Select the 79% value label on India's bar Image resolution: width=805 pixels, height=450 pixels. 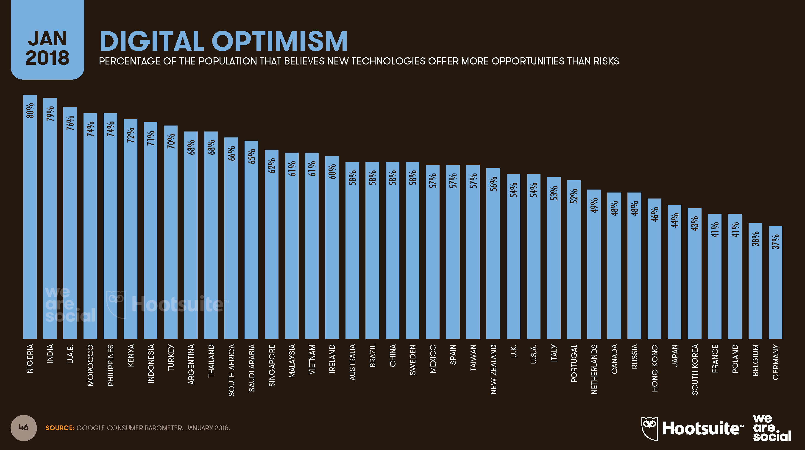50,113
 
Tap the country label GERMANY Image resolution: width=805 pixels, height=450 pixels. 776,362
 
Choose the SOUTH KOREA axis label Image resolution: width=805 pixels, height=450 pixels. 695,369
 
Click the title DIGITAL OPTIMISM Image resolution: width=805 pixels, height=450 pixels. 223,41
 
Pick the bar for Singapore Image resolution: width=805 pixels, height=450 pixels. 272,244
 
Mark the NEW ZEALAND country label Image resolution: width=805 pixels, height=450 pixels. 493,369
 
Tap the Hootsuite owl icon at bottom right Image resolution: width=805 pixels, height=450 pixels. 649,428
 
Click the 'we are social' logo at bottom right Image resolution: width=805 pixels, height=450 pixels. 772,428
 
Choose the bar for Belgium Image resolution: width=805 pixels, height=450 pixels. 755,281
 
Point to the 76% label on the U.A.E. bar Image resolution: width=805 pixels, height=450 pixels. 70,123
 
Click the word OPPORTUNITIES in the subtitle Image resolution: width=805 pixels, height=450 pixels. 528,61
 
